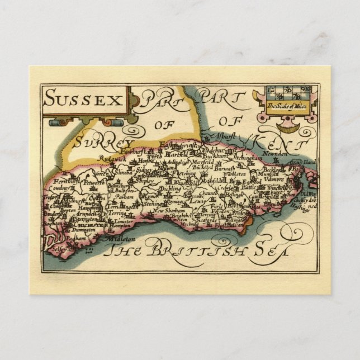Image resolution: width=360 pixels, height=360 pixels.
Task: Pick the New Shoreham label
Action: point(165,211)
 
